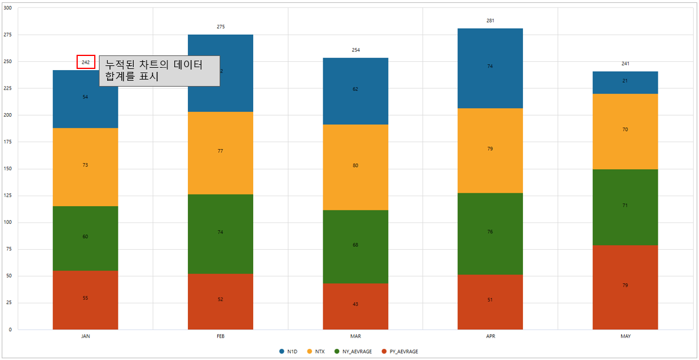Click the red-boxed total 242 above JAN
[85, 62]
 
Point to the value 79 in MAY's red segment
[625, 285]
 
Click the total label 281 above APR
[490, 21]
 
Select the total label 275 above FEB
[220, 27]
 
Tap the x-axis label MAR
[355, 336]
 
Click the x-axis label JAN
[85, 336]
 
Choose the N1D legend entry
[289, 352]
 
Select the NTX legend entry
[316, 352]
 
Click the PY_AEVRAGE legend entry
[400, 352]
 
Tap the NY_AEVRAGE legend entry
[353, 352]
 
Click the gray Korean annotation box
[159, 71]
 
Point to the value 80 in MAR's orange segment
[355, 166]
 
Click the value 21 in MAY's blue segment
[625, 81]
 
